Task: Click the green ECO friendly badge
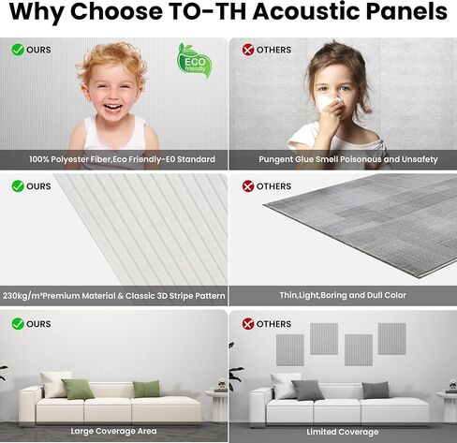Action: (x=194, y=61)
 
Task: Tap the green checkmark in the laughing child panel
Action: (x=18, y=50)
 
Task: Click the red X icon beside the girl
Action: (x=248, y=50)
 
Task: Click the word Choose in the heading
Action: (x=116, y=11)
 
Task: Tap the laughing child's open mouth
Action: (x=112, y=108)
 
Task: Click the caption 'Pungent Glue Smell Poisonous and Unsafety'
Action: (x=348, y=159)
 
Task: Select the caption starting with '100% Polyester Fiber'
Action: (x=122, y=159)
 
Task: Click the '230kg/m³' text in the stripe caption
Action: (x=22, y=295)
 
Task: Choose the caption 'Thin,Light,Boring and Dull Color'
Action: (x=343, y=295)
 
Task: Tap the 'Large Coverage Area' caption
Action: (x=113, y=431)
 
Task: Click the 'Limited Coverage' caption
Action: (x=343, y=432)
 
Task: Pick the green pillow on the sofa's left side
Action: (x=78, y=390)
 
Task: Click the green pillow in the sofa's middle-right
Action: (x=147, y=389)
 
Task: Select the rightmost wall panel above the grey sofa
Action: (x=391, y=339)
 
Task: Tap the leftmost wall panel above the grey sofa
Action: (x=290, y=350)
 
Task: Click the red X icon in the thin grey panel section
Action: (x=248, y=186)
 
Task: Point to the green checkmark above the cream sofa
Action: (x=18, y=324)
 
